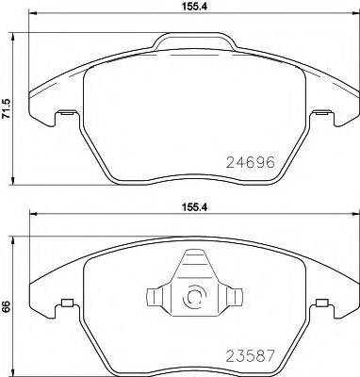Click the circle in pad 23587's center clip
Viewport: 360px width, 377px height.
[195, 297]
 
